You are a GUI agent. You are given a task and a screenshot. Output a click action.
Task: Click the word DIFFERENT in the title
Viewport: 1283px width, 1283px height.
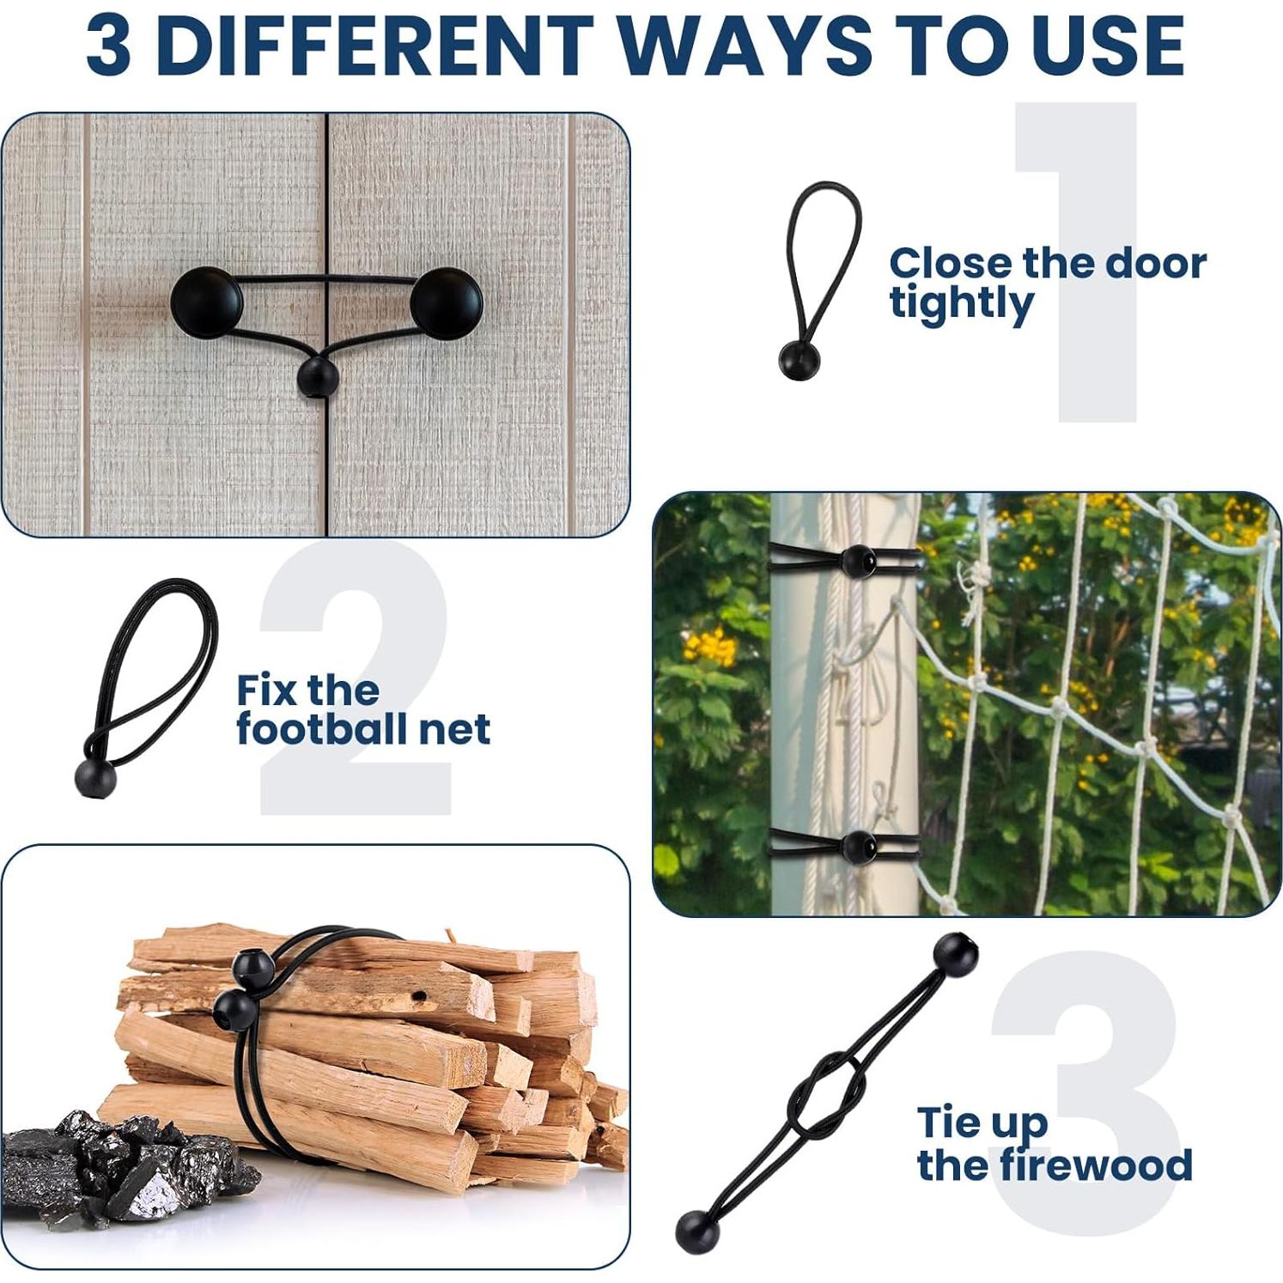(375, 45)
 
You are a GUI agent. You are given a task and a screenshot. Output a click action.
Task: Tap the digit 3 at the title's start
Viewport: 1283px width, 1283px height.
(109, 45)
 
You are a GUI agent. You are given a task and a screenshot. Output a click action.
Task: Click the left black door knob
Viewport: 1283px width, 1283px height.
(206, 302)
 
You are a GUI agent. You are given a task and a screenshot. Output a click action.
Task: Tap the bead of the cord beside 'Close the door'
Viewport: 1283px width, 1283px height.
(799, 360)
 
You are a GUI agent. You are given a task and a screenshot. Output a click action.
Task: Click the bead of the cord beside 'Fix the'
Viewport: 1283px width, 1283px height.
(95, 777)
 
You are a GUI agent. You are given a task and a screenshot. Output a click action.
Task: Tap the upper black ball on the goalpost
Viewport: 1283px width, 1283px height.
(858, 562)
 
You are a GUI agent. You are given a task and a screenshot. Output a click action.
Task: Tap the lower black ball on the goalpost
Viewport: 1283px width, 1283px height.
(859, 848)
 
